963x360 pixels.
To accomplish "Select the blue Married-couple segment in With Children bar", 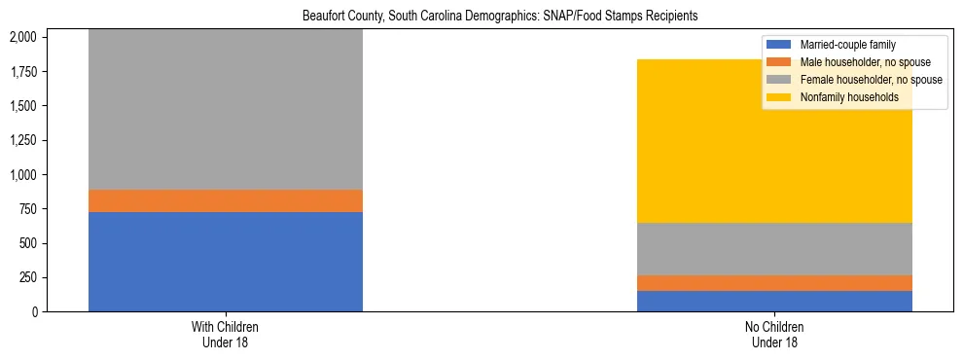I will coord(226,261).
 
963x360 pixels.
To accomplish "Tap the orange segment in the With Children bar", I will coord(226,200).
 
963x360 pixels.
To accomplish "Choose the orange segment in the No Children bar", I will coord(774,283).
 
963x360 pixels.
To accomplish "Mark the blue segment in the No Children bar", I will coord(774,301).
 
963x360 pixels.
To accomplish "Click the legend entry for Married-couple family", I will coord(845,45).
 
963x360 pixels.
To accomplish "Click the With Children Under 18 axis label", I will coord(226,334).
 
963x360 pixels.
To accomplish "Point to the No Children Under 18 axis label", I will coord(774,334).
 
